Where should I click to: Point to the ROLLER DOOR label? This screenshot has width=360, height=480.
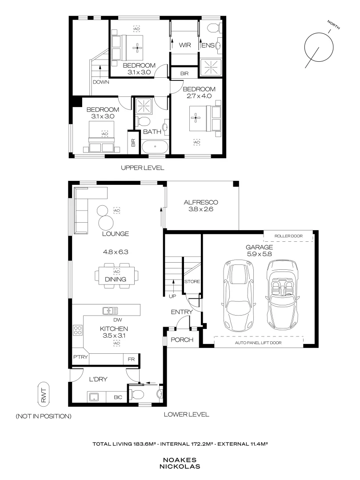[287, 236]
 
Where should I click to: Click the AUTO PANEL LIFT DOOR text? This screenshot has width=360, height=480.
[259, 343]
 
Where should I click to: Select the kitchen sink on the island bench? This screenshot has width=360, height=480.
[110, 311]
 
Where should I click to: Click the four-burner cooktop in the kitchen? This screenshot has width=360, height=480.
[77, 331]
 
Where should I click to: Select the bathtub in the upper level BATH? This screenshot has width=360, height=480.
[155, 147]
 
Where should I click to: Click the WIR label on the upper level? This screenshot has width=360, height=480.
[184, 45]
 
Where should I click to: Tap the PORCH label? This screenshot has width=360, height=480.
[182, 340]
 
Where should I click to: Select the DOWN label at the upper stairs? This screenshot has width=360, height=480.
[100, 82]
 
